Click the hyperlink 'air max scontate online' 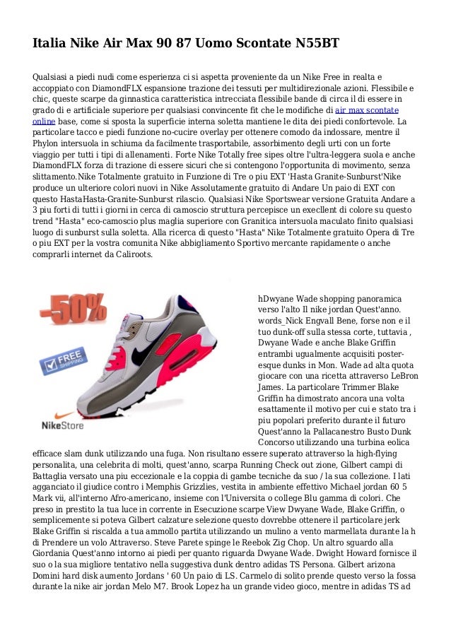click(368, 111)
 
